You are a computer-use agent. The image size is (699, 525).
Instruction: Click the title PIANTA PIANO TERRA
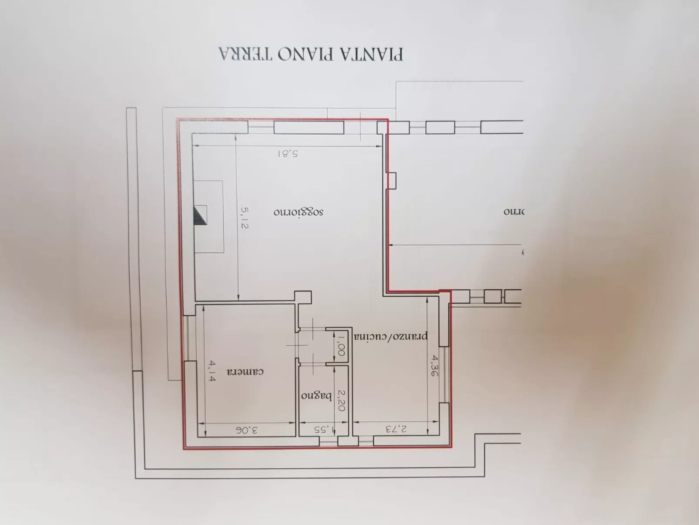(x=311, y=54)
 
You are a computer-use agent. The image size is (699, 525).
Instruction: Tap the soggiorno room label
(x=299, y=212)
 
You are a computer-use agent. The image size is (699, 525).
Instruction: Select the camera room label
(x=245, y=372)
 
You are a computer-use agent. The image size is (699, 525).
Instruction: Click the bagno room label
(x=316, y=396)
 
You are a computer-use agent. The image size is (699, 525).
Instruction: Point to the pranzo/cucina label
(x=390, y=336)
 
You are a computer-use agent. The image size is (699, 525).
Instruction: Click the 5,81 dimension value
(x=288, y=153)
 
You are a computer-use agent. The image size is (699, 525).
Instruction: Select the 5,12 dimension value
(x=245, y=218)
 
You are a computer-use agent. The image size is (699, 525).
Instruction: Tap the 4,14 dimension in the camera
(x=212, y=371)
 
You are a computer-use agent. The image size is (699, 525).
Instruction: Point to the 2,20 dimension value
(x=342, y=400)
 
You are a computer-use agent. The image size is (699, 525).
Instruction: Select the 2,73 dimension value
(x=396, y=429)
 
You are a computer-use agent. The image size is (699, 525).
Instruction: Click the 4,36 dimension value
(x=434, y=366)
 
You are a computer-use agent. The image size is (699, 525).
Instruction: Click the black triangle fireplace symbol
(x=200, y=215)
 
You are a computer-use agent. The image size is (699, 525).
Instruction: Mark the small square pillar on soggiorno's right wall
(x=392, y=181)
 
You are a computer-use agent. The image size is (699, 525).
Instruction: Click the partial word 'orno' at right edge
(x=514, y=212)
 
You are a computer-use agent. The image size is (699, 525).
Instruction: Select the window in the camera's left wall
(x=186, y=338)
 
